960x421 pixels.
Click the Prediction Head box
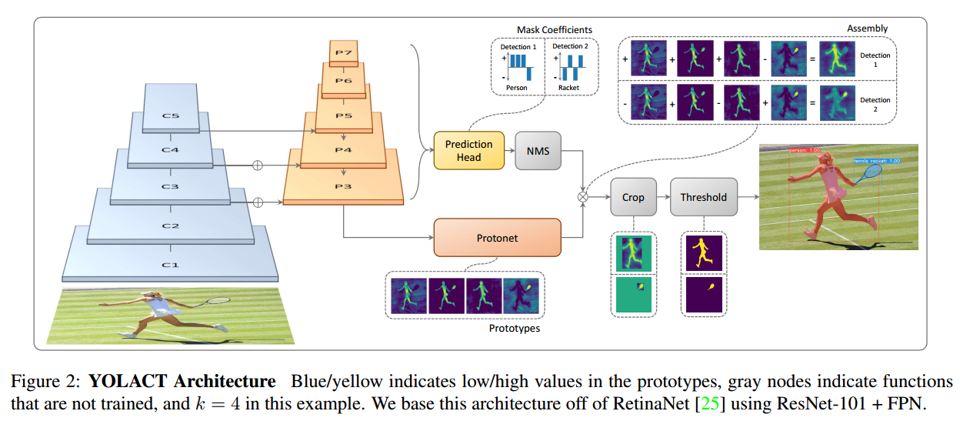point(469,151)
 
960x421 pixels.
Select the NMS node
point(538,151)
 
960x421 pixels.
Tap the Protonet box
point(497,238)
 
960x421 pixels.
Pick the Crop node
point(633,197)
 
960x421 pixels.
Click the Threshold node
point(704,197)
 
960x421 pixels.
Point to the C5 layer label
point(171,115)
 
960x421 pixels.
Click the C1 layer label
point(170,265)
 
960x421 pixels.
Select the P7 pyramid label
point(344,53)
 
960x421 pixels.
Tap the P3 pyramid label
point(343,186)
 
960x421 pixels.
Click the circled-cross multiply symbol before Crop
point(583,197)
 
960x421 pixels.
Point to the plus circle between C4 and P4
point(257,165)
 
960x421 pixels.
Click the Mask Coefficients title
point(554,29)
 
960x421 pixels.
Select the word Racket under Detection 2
point(568,88)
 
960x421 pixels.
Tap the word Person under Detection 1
point(516,88)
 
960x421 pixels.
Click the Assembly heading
point(867,28)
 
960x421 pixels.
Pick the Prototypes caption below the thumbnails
point(515,328)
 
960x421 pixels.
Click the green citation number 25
point(709,403)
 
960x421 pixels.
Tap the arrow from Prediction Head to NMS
point(509,151)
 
